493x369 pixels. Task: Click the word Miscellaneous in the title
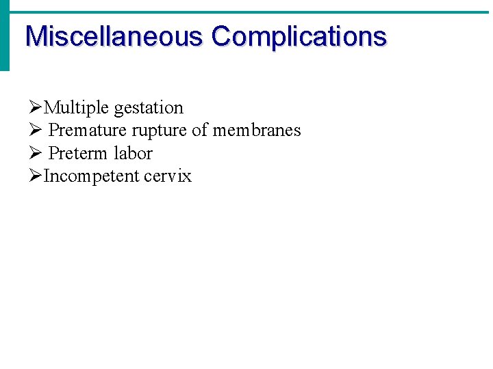tap(114, 36)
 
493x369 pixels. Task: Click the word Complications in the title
tap(299, 36)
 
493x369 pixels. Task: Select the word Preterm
tap(79, 153)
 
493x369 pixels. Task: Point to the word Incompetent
tap(91, 176)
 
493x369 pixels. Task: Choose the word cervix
tap(168, 176)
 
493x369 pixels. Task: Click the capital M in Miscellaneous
tap(34, 36)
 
